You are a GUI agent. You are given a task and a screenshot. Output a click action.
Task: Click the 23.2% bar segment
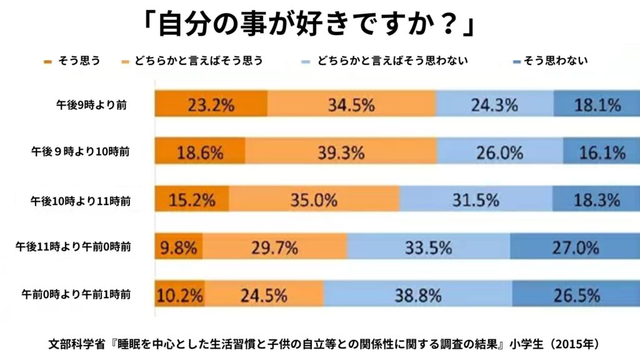[211, 104]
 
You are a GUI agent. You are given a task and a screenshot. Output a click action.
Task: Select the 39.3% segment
[341, 152]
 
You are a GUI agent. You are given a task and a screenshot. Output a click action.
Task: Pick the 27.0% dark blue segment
[575, 247]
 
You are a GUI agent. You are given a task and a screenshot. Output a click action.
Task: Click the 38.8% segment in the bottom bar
[417, 295]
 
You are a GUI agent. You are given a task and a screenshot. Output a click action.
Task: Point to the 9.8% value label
[179, 247]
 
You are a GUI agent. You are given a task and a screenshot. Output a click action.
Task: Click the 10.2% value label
[180, 295]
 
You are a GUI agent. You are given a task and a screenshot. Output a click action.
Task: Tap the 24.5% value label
[264, 295]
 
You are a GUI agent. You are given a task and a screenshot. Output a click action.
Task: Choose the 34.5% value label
[351, 104]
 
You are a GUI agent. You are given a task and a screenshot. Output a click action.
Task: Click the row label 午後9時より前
[92, 105]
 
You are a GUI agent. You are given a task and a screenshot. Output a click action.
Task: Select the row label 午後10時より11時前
[81, 201]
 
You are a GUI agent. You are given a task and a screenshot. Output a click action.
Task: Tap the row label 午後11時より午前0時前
[73, 247]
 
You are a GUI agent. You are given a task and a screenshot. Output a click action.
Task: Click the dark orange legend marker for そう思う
[48, 62]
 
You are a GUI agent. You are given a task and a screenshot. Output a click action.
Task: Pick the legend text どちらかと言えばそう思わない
[392, 61]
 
